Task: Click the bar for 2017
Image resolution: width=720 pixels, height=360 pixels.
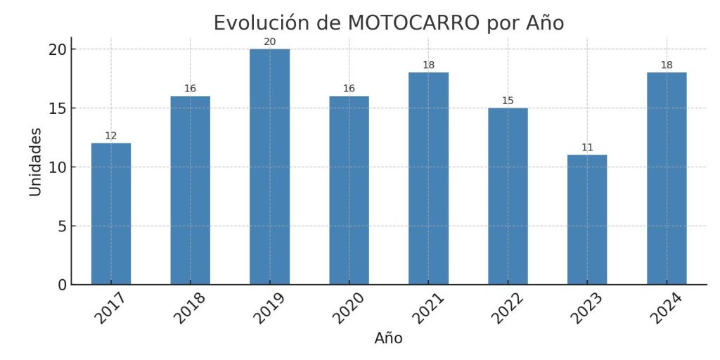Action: point(111,214)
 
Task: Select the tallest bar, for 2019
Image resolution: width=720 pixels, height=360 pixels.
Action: point(269,167)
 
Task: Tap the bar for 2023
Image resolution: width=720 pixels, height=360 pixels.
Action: point(587,219)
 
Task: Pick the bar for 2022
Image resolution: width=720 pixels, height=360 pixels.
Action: point(508,196)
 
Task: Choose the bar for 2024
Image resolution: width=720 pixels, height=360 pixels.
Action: point(667,179)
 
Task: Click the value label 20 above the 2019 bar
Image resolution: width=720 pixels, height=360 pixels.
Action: point(269,42)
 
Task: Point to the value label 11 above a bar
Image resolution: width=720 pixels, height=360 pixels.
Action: point(587,148)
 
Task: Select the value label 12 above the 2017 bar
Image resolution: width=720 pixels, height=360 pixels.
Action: point(111,136)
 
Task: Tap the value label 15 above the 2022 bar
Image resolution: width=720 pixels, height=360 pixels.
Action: point(508,101)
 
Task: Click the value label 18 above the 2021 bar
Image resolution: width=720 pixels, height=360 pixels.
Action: point(428,65)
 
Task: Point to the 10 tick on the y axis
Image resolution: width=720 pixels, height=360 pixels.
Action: point(58,167)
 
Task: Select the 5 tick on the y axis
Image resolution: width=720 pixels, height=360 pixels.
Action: point(62,226)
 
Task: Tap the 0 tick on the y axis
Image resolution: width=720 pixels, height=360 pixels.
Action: point(62,285)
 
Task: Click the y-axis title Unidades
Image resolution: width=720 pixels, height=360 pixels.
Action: point(35,162)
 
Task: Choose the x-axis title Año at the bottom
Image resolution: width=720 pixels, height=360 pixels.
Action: point(388,338)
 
